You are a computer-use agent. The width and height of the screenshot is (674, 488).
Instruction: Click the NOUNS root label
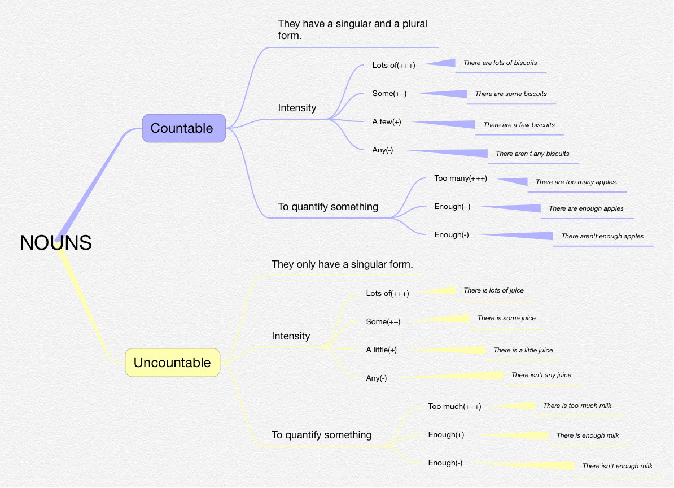(x=56, y=242)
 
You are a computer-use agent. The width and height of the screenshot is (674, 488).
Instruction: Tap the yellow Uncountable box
(x=172, y=363)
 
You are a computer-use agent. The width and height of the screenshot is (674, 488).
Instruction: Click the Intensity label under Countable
(x=297, y=108)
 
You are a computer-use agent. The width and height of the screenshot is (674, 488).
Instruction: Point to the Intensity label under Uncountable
(x=291, y=336)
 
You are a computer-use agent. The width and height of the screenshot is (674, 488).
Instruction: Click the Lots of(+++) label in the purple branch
(x=393, y=65)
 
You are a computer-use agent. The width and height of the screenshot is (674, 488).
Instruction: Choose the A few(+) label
(x=387, y=122)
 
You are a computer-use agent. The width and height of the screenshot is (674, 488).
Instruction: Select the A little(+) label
(x=381, y=350)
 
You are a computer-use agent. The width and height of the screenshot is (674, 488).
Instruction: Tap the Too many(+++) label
(x=461, y=178)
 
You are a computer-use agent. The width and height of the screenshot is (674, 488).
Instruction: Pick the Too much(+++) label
(x=454, y=407)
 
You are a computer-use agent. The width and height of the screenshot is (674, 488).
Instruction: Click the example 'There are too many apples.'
(x=576, y=182)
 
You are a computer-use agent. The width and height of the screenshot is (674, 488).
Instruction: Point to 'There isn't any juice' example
(x=541, y=375)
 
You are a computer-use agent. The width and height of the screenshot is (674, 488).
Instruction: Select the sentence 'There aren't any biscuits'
(x=532, y=154)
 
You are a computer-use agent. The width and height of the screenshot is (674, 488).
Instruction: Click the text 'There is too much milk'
(x=577, y=406)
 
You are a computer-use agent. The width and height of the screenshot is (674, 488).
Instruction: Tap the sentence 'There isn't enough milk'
(x=617, y=466)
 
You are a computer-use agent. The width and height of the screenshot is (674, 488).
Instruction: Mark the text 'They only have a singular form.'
(x=342, y=264)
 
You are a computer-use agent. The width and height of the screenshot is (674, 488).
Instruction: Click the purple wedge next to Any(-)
(x=457, y=152)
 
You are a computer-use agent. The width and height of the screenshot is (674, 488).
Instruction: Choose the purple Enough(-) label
(x=452, y=235)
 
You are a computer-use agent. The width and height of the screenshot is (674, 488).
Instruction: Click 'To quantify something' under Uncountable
(x=322, y=435)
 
